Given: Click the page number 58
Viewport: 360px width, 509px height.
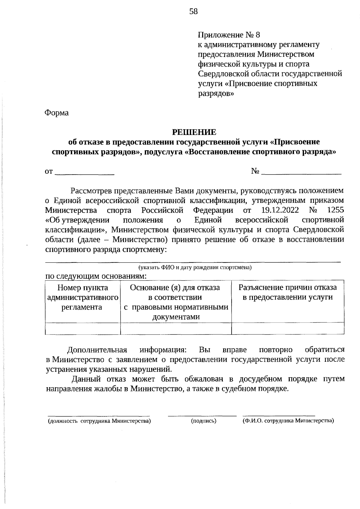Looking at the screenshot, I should coord(193,12).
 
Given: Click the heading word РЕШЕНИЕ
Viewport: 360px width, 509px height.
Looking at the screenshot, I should coord(194,132).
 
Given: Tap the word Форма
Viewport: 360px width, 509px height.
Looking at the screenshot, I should coord(57,113).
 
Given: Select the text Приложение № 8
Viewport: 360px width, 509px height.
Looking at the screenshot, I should coord(229,35).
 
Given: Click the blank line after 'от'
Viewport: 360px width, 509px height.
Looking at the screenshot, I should coord(85,173).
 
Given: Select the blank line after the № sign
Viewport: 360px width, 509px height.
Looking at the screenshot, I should coord(301,173).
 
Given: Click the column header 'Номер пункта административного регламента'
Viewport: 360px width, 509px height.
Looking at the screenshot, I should coord(82,297).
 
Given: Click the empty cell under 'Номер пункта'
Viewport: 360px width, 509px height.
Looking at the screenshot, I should coord(82,328).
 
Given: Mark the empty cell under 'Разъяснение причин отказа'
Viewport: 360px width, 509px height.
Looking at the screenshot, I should coord(288,328).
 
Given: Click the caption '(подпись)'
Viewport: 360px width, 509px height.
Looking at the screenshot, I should coord(204,421).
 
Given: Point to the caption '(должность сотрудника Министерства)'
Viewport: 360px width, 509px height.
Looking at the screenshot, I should coord(99,421).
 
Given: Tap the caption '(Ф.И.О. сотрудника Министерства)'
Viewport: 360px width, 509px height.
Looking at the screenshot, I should coord(288,421).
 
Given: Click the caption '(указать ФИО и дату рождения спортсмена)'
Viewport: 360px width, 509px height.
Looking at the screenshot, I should coord(194,267).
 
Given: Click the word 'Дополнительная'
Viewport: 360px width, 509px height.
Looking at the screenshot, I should coord(97,350).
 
